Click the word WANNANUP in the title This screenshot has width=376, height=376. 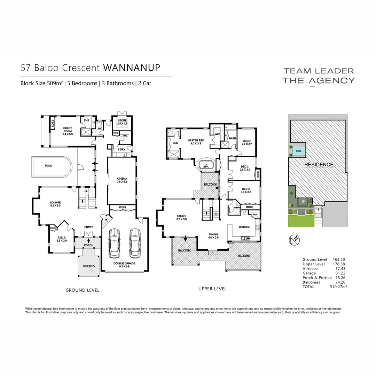click(132, 67)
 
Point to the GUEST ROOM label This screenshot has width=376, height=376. click(67, 130)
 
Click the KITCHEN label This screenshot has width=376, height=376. click(244, 227)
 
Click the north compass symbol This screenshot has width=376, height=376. click(295, 240)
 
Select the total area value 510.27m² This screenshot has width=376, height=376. click(338, 287)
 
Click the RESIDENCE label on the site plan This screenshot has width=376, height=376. click(319, 164)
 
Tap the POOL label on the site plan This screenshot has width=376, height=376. click(298, 151)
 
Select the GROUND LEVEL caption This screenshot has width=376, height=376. click(83, 290)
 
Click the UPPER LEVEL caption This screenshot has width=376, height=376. click(212, 289)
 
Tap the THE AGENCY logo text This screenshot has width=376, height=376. click(318, 81)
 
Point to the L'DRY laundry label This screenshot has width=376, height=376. click(122, 149)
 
